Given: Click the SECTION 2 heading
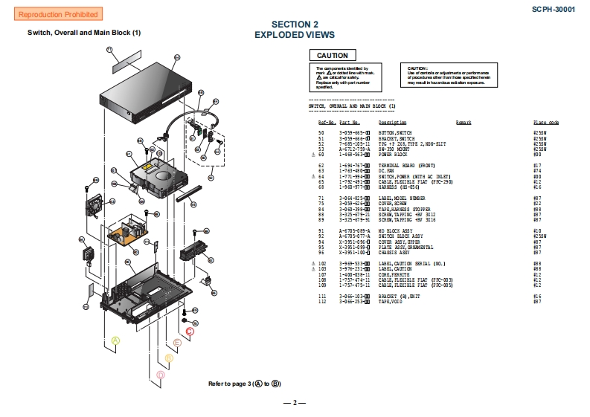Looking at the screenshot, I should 295,25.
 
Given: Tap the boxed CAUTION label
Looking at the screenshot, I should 332,56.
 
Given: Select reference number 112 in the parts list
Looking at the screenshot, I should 322,302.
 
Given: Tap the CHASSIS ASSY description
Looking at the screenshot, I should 396,253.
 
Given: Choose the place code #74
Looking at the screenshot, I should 536,170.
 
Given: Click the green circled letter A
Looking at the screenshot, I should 115,340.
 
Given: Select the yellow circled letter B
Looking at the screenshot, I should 169,358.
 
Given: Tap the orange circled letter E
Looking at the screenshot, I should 177,343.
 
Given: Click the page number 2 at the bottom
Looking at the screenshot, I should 295,403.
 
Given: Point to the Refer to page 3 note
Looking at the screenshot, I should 244,384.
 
